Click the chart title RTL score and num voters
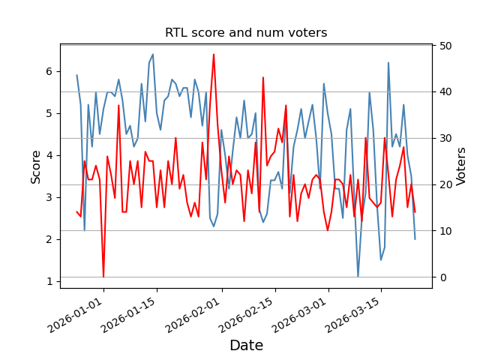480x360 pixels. [246, 33]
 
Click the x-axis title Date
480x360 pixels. [246, 346]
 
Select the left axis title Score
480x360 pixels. [36, 166]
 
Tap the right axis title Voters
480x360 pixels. [462, 166]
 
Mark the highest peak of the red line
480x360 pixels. [214, 54]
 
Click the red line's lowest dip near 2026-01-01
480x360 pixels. [103, 277]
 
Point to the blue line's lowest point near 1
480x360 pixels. [358, 277]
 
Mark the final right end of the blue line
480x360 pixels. [415, 239]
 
